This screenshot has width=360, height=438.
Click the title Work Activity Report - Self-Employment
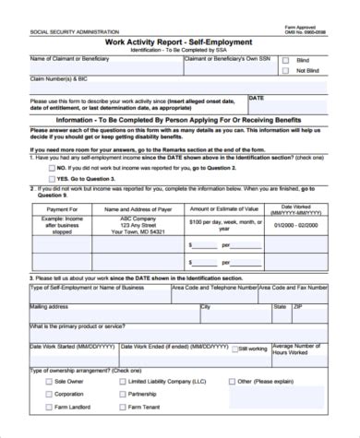pos(181,42)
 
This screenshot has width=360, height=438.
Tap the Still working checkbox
pos(236,349)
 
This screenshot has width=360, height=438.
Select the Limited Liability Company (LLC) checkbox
pos(121,380)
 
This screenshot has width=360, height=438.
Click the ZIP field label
pos(295,305)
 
